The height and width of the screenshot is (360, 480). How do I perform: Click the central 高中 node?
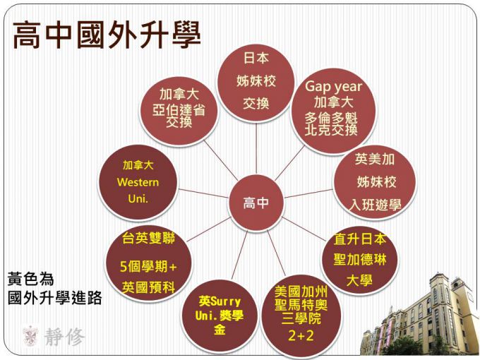pos(256,203)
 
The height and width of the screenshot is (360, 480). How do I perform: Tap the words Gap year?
pos(333,87)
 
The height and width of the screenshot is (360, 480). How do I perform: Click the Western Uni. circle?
pos(138,182)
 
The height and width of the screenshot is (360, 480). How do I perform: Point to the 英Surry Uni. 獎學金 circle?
pos(220,316)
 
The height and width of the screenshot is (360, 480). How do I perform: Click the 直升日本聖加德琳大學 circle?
pos(360,260)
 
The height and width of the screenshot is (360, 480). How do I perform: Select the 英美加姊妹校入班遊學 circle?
pos(375,182)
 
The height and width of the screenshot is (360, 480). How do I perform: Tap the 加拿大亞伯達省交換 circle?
pos(179,111)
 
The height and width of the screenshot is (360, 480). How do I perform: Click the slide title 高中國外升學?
pos(106,35)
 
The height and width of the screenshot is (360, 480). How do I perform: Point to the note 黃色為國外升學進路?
pos(54,289)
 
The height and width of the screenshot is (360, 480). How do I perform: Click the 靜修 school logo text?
pos(64,337)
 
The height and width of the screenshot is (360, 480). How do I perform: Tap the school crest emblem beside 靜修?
pos(30,337)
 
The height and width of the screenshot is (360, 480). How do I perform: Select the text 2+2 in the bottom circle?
pos(301,336)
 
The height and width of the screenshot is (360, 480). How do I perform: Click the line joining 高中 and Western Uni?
pos(203,193)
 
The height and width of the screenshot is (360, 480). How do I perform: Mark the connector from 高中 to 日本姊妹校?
pos(256,148)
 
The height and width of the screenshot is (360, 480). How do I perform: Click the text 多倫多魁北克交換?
pos(331,124)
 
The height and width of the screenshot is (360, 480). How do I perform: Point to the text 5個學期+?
pos(148,267)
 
